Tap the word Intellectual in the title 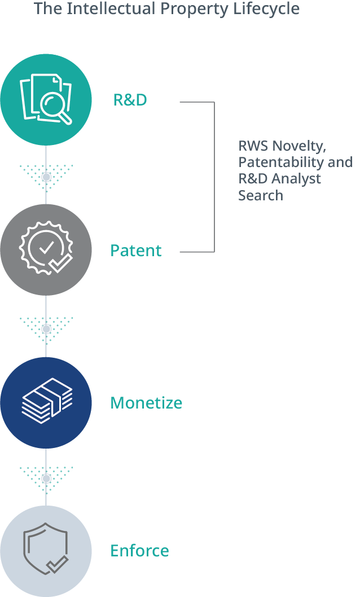(x=105, y=9)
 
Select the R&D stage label (x=130, y=100)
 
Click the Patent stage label (x=136, y=251)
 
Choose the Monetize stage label (x=146, y=403)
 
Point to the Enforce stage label (x=139, y=551)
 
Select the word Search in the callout (x=260, y=196)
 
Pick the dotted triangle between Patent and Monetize (x=46, y=328)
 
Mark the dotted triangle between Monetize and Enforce (x=46, y=477)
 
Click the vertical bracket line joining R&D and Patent (x=214, y=177)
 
